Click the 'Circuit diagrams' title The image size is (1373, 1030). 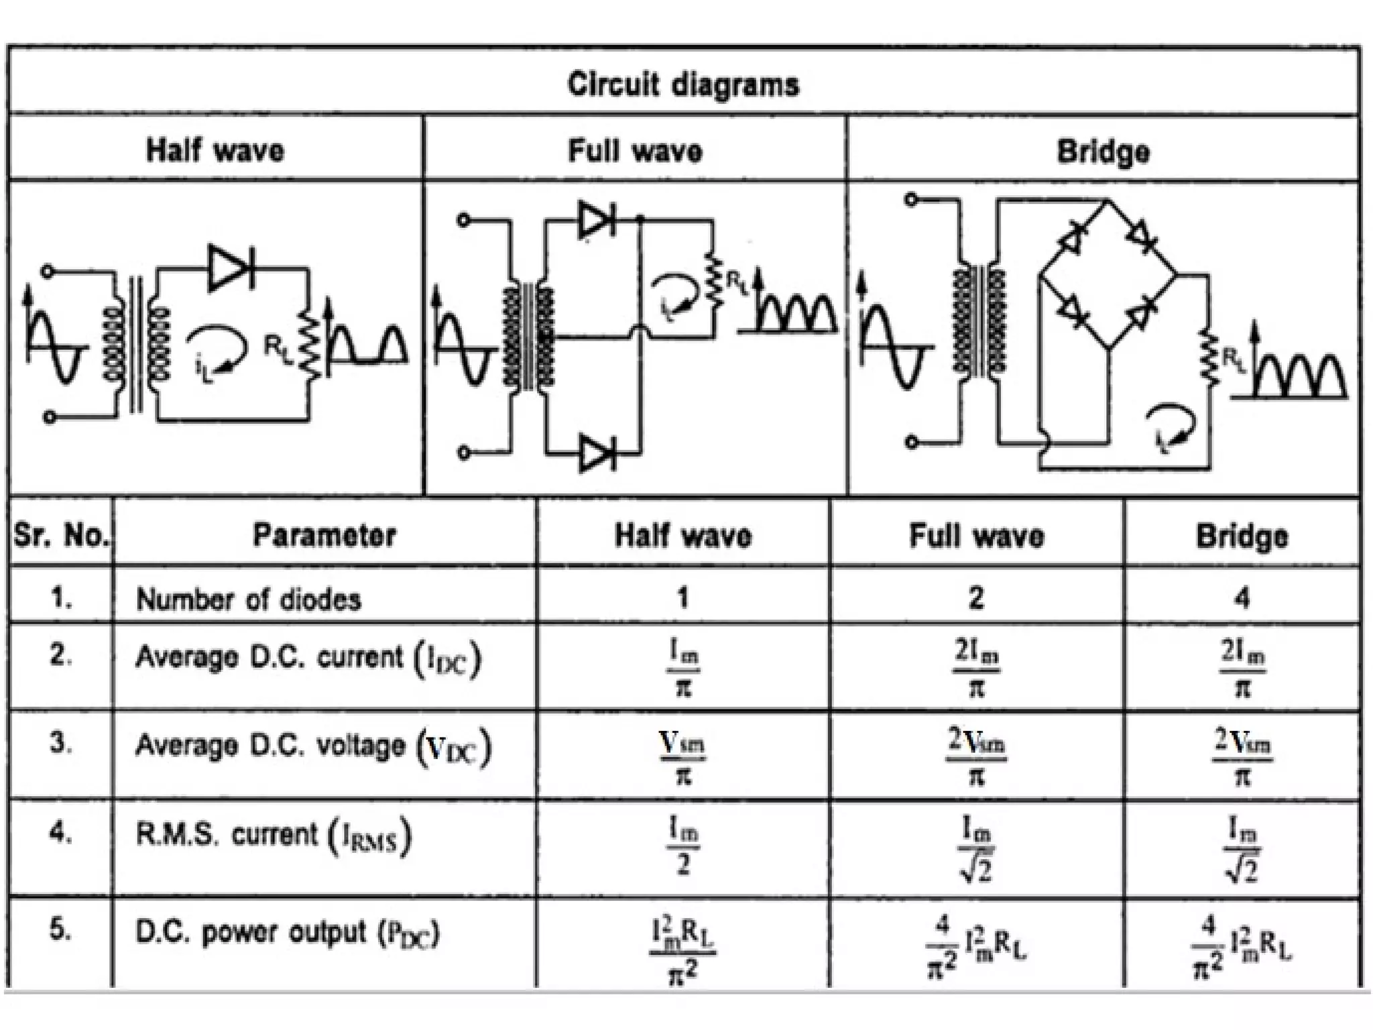pyautogui.click(x=683, y=85)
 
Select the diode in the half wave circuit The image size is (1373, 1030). pyautogui.click(x=230, y=268)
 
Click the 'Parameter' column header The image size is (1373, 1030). pyautogui.click(x=324, y=535)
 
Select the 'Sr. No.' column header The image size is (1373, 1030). pyautogui.click(x=60, y=535)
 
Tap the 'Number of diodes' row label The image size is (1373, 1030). pyautogui.click(x=248, y=599)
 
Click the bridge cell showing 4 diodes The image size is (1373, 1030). pyautogui.click(x=1242, y=597)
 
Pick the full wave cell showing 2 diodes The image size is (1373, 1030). pyautogui.click(x=976, y=597)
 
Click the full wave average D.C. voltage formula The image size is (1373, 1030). pyautogui.click(x=976, y=756)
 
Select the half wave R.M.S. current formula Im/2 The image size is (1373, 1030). pyautogui.click(x=682, y=848)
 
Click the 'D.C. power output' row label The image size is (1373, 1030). pyautogui.click(x=287, y=933)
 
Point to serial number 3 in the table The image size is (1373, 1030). pyautogui.click(x=60, y=743)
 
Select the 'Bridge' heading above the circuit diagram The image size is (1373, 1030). pyautogui.click(x=1103, y=151)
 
